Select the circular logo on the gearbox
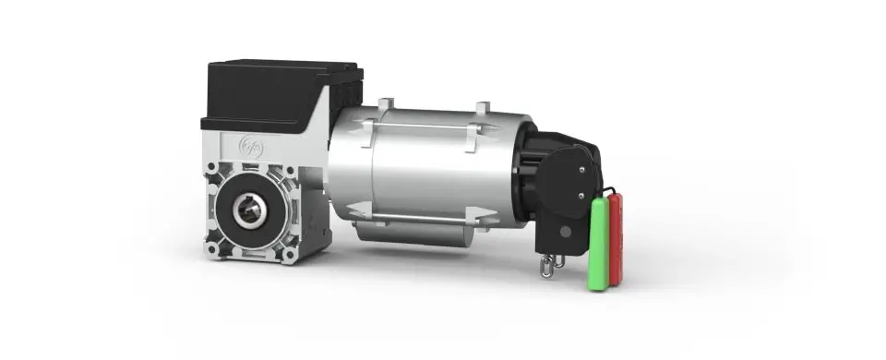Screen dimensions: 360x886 pos(250,145)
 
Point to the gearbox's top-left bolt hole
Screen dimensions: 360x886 pos(213,170)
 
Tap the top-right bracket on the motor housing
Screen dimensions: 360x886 pos(480,112)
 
